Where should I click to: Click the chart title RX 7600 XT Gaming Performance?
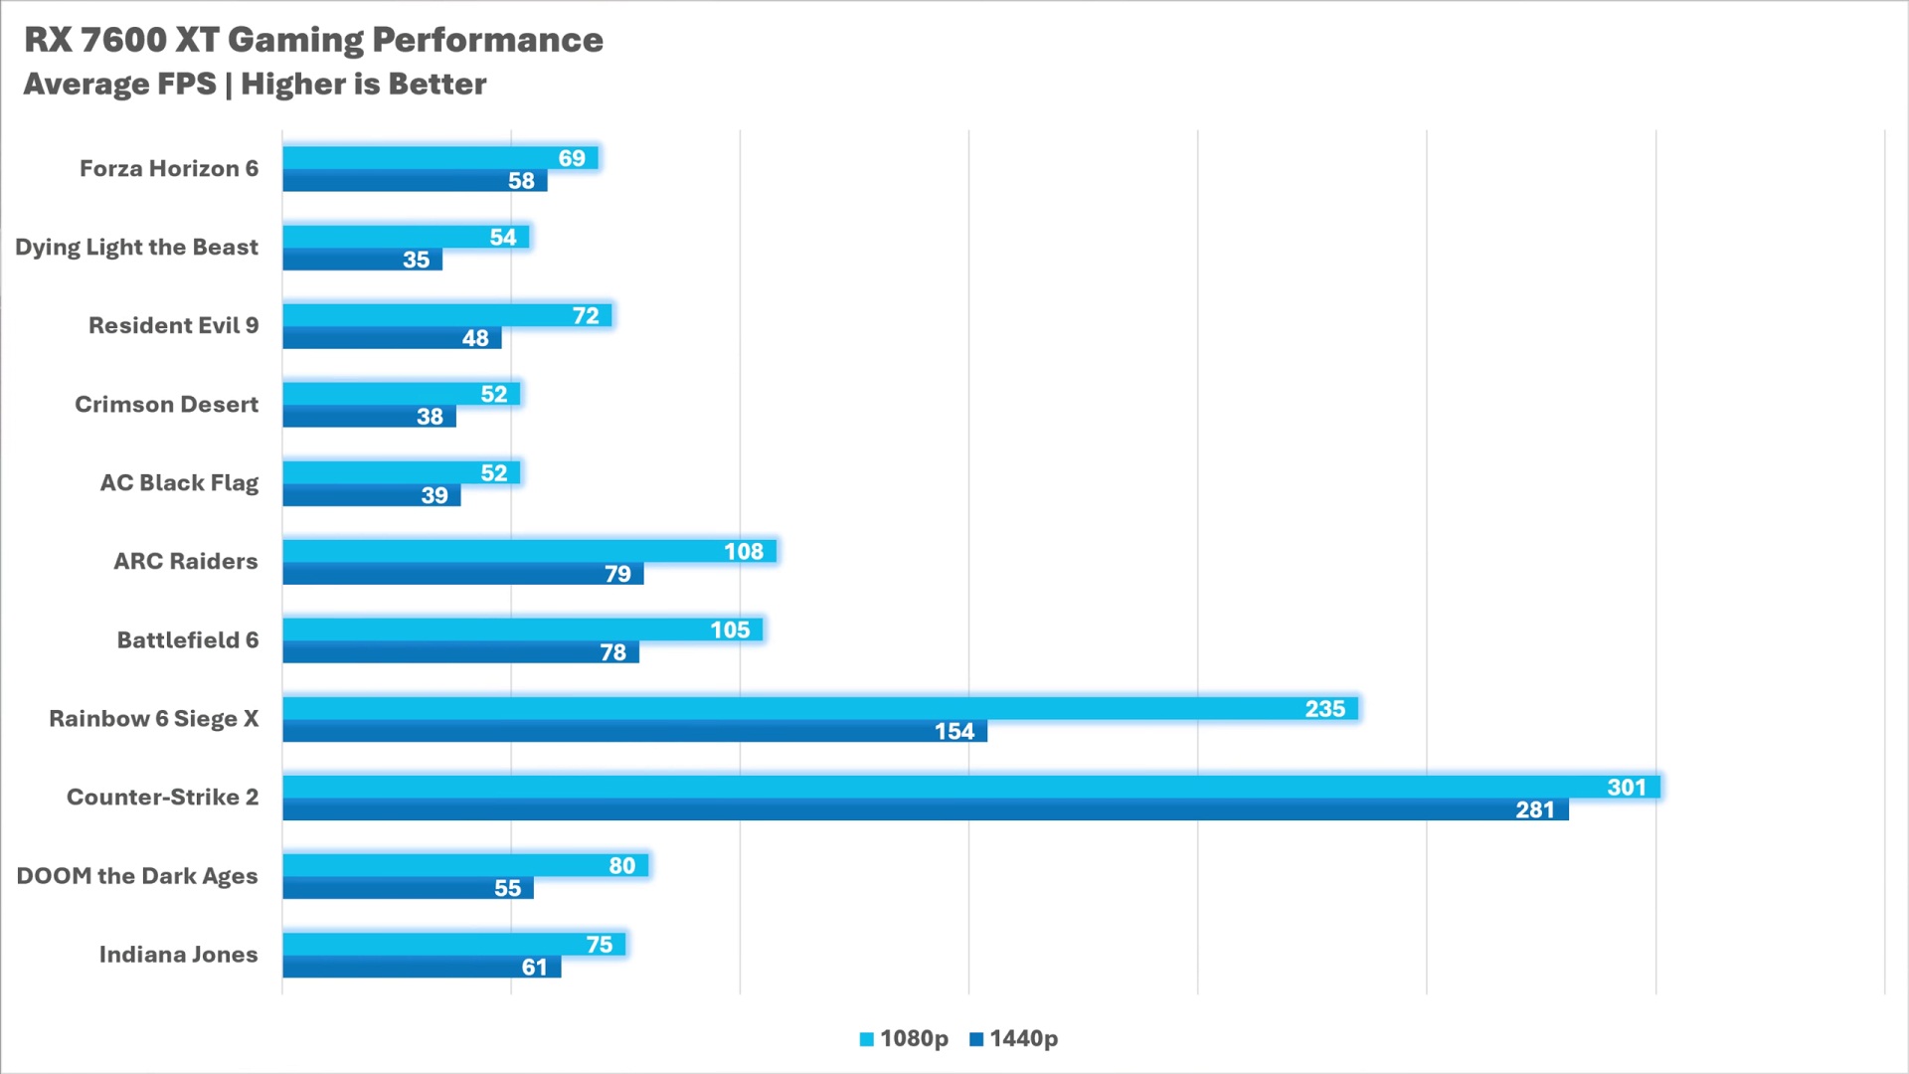click(x=313, y=40)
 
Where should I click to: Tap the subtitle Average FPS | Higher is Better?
click(x=255, y=85)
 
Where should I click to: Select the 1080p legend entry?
click(x=904, y=1039)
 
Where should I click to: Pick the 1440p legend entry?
click(x=1013, y=1039)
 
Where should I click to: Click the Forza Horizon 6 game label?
click(x=169, y=169)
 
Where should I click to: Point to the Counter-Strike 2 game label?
click(x=162, y=798)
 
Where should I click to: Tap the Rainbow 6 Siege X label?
click(x=154, y=719)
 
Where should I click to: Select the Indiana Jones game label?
click(x=179, y=955)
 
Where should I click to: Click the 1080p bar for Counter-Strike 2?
click(x=971, y=787)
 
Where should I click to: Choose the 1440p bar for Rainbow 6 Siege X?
click(x=635, y=731)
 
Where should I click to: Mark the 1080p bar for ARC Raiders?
click(x=530, y=551)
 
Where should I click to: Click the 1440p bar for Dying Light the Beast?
click(x=363, y=260)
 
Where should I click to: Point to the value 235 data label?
click(x=1324, y=709)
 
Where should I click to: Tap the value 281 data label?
click(x=1534, y=810)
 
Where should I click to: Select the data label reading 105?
click(x=730, y=630)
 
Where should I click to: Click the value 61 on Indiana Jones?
click(x=534, y=968)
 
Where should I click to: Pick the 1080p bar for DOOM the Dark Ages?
click(x=465, y=865)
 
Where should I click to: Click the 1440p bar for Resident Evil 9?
click(x=393, y=338)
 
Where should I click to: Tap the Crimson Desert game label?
click(x=167, y=405)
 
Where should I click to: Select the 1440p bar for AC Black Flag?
click(x=372, y=495)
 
